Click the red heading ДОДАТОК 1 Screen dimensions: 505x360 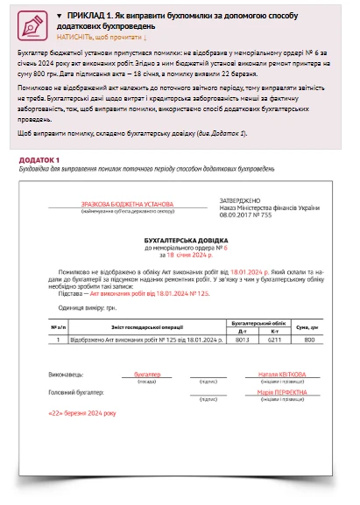click(39, 159)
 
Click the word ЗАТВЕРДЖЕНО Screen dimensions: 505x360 click(240, 200)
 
